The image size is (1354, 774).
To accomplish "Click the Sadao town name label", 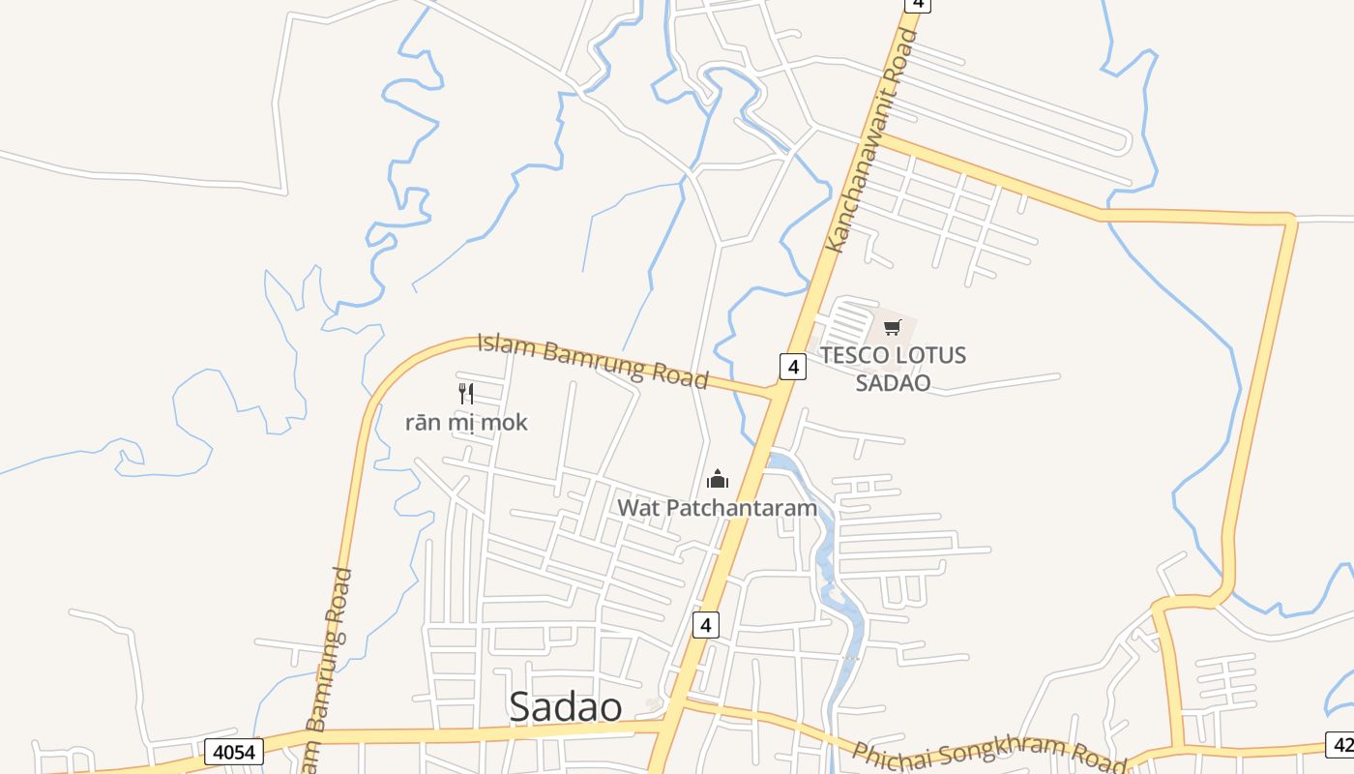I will click(566, 707).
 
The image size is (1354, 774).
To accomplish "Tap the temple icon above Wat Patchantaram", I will click(718, 478).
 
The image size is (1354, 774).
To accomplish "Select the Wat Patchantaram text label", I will click(717, 507).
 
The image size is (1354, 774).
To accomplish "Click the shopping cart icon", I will click(892, 327).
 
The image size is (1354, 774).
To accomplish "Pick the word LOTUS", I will click(929, 355).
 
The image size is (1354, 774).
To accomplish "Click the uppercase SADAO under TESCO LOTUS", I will click(893, 382).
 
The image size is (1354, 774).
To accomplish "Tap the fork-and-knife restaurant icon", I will click(465, 393).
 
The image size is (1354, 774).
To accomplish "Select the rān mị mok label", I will click(466, 422).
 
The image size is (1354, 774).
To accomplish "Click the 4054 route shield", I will click(233, 751).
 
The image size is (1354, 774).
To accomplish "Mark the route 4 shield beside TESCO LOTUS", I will click(792, 367).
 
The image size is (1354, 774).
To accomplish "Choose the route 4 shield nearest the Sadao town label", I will click(706, 625).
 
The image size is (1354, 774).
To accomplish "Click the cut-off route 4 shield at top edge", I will click(917, 4).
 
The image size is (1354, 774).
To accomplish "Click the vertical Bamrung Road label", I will click(329, 668).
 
